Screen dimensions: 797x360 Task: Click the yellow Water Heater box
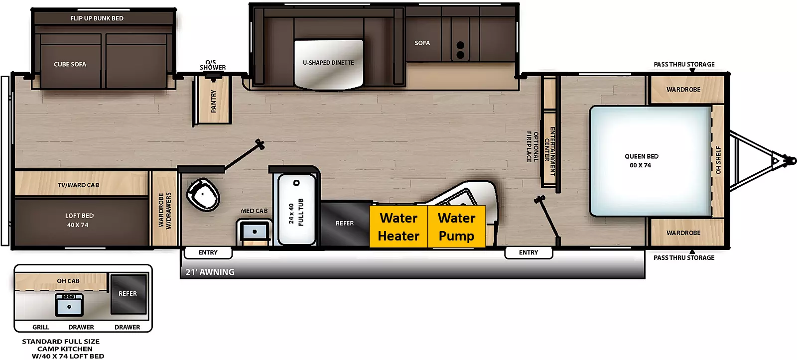(x=398, y=226)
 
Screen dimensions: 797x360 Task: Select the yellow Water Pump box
(x=456, y=226)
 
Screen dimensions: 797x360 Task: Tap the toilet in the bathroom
(x=202, y=195)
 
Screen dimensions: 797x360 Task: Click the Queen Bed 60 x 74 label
(x=641, y=161)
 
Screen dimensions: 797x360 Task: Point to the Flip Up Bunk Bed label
(x=97, y=18)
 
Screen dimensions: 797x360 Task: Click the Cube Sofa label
(x=70, y=64)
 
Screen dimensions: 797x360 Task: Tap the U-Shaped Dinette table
(x=329, y=64)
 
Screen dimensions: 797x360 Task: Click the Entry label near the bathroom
(x=208, y=252)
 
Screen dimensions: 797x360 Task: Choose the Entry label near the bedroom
(x=529, y=252)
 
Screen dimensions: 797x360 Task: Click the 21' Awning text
(x=210, y=272)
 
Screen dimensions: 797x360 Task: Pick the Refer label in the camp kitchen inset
(x=128, y=293)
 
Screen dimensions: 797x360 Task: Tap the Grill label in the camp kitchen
(x=41, y=327)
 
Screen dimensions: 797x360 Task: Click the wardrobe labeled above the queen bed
(x=683, y=90)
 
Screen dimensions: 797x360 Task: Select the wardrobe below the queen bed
(x=683, y=233)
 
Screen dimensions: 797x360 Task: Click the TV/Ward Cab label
(x=78, y=185)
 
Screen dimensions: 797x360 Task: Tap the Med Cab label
(x=254, y=211)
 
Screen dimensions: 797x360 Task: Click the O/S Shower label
(x=213, y=65)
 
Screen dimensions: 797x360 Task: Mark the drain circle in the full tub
(x=296, y=183)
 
